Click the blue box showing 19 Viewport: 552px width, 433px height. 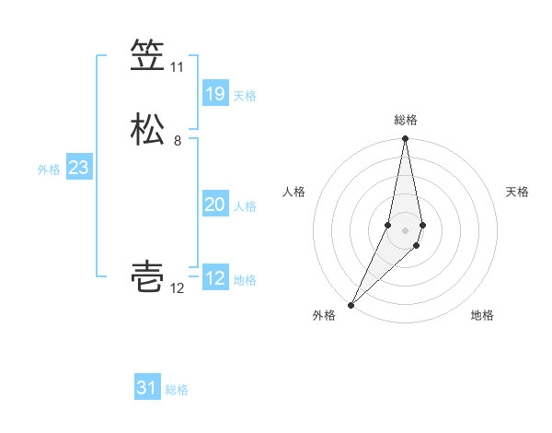click(x=214, y=94)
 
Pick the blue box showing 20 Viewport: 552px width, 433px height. click(x=214, y=205)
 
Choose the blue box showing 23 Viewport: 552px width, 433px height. click(x=78, y=168)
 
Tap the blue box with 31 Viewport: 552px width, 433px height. click(x=147, y=388)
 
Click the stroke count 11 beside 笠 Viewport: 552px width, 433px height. click(x=177, y=67)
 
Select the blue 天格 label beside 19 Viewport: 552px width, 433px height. click(x=245, y=96)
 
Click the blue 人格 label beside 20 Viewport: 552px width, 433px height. click(x=245, y=206)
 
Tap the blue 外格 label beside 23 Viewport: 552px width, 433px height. click(x=49, y=170)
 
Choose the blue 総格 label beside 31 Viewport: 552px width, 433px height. click(x=177, y=390)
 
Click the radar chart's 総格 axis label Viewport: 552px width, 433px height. click(x=406, y=120)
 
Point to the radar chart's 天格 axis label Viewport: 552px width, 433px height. click(x=518, y=192)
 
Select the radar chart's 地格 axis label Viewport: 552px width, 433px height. click(x=482, y=315)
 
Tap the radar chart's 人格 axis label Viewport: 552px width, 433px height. click(x=293, y=192)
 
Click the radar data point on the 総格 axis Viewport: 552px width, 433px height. click(x=406, y=139)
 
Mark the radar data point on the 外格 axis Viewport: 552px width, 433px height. click(x=351, y=304)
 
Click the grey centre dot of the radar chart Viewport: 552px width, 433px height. click(x=406, y=229)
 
